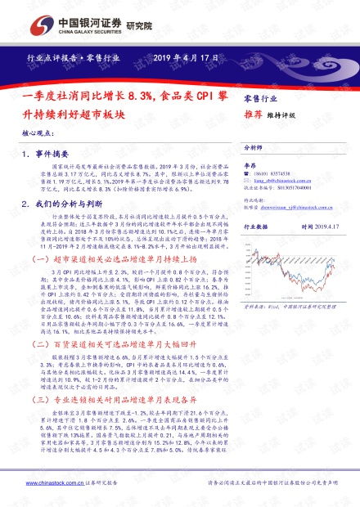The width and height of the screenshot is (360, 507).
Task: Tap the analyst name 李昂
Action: [x=252, y=166]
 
